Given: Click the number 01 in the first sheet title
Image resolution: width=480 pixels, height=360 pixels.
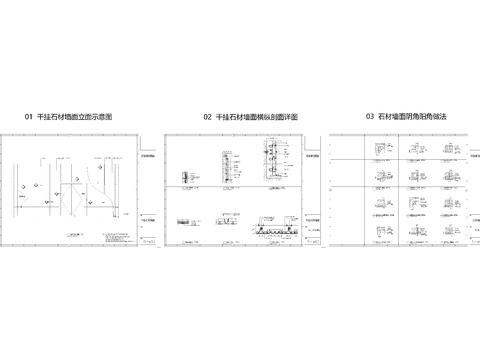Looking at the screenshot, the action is (29, 117).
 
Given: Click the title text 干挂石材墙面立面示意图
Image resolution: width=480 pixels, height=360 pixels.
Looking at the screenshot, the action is (74, 117).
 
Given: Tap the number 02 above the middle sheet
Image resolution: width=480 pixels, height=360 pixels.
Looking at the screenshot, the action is (207, 117).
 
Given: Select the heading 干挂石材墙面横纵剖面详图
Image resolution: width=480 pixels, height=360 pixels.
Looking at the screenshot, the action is (257, 117).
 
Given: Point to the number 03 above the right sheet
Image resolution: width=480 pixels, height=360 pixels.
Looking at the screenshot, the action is (370, 117).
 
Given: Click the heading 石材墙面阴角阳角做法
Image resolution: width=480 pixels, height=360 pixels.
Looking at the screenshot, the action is (413, 117).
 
